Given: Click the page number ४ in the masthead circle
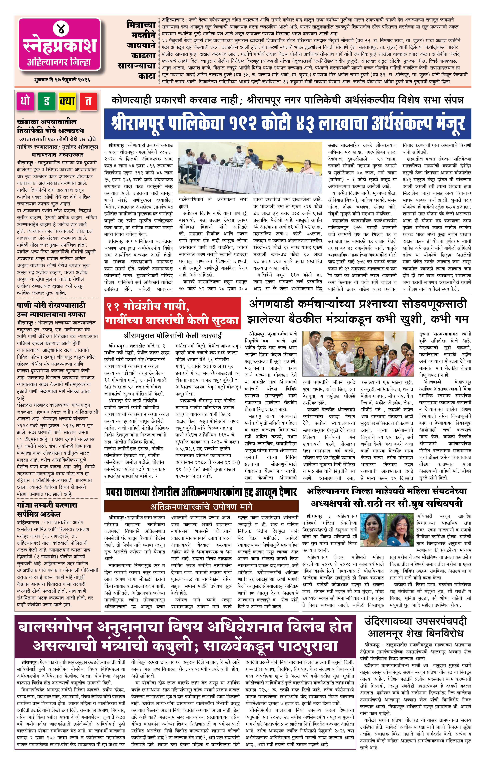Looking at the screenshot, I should pos(60,29).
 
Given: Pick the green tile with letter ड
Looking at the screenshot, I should pos(46,101).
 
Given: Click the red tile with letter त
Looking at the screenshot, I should pos(88,101).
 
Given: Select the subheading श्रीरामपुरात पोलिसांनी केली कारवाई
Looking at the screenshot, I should pos(173,335).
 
